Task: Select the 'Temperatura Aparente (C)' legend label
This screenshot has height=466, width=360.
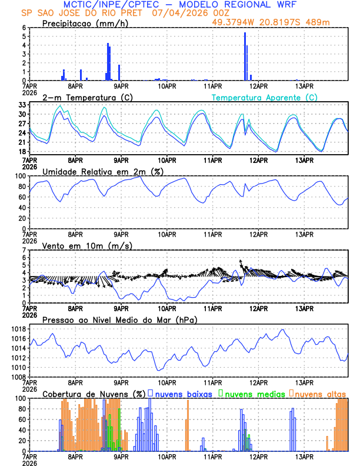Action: click(264, 97)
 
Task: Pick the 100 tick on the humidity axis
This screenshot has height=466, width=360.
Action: click(21, 176)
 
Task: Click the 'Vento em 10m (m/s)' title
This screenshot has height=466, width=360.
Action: click(87, 245)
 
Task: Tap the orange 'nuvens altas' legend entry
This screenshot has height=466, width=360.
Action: click(319, 394)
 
